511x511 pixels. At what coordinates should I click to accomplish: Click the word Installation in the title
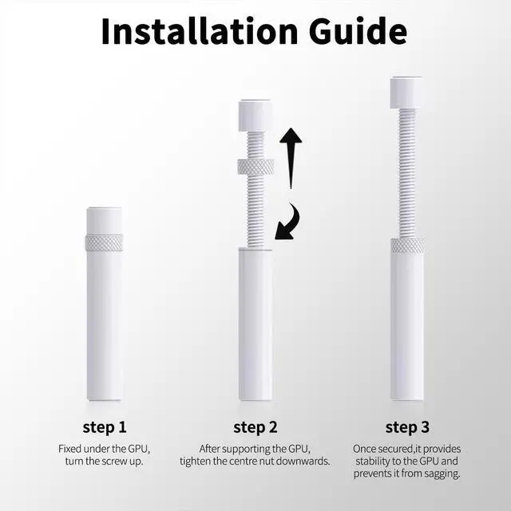click(x=200, y=31)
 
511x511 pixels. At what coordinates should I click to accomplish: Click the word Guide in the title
click(x=358, y=31)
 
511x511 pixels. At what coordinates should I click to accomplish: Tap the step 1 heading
click(x=105, y=428)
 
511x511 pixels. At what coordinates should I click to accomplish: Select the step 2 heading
click(x=255, y=428)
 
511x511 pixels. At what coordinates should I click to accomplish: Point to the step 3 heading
click(x=407, y=428)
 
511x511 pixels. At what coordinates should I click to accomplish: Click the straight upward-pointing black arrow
click(x=291, y=158)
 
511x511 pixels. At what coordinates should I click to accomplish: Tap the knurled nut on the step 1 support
click(x=104, y=243)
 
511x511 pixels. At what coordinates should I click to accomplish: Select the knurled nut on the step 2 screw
click(x=255, y=167)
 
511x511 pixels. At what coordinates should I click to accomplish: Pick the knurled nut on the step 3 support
click(x=407, y=246)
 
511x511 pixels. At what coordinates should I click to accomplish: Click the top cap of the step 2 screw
click(x=255, y=116)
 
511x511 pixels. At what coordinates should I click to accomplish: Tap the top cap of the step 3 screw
click(x=406, y=93)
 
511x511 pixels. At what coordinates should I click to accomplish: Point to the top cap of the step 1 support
click(x=105, y=221)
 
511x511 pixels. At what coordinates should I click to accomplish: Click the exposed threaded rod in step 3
click(x=407, y=173)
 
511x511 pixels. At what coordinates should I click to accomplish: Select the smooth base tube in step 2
click(x=255, y=324)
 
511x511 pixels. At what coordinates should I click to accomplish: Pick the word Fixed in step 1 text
click(x=69, y=449)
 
